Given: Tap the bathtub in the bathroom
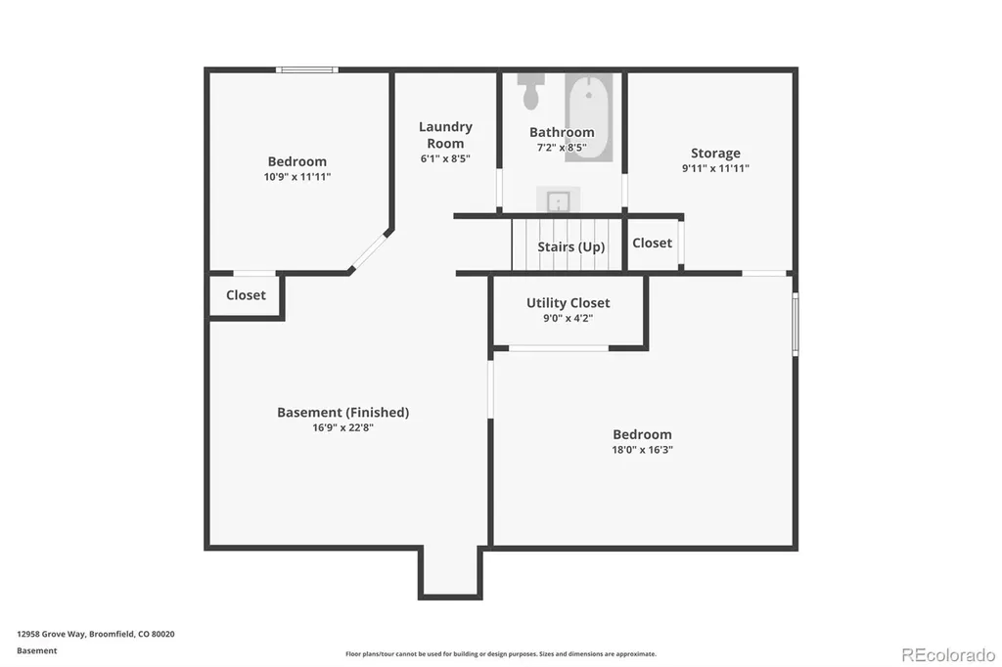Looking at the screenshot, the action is (x=588, y=117).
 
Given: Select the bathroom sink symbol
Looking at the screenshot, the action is (x=559, y=200).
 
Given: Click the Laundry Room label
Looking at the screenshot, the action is (x=445, y=135).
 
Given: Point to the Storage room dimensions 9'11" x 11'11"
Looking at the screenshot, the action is (x=715, y=168).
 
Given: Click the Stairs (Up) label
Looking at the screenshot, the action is (x=571, y=246).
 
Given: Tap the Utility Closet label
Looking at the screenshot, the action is (x=569, y=303).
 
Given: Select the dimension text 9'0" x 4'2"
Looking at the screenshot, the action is (x=569, y=318).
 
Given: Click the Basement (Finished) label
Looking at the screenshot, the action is (x=343, y=413).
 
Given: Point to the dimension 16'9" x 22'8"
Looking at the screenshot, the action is (x=343, y=428).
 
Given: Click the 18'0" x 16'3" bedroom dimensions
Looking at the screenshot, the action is (x=642, y=450).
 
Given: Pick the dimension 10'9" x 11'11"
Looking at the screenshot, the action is (x=297, y=177).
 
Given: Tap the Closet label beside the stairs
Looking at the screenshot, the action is (x=652, y=243).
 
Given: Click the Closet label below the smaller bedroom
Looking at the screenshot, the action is (x=246, y=295).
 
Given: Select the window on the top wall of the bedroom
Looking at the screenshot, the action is (x=306, y=69).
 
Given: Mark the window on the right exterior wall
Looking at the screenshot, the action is (x=796, y=324).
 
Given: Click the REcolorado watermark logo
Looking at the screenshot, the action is (x=948, y=655).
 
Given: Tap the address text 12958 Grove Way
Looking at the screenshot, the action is (x=51, y=635).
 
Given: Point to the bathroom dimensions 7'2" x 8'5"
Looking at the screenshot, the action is (x=562, y=148).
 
